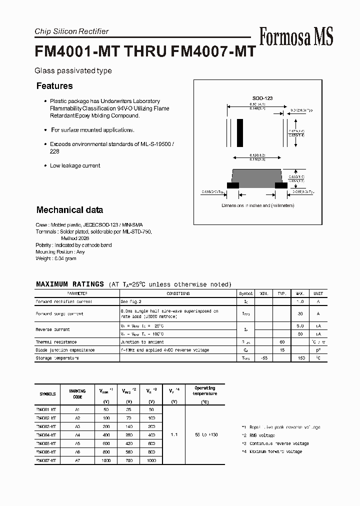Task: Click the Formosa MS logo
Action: (x=296, y=36)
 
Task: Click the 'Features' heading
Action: (x=54, y=86)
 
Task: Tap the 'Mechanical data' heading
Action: (x=69, y=210)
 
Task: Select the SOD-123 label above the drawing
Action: (x=262, y=98)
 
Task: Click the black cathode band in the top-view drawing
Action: (x=240, y=132)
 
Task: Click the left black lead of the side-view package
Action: (x=233, y=185)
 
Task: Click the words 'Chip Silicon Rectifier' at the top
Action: (x=71, y=31)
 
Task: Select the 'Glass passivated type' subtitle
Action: (x=73, y=71)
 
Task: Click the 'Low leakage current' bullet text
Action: (x=75, y=165)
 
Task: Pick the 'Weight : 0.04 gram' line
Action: (x=56, y=258)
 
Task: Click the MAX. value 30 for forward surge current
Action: (x=300, y=313)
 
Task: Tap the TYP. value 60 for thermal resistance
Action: (x=282, y=342)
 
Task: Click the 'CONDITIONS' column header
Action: (x=178, y=293)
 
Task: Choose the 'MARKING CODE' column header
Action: (x=77, y=394)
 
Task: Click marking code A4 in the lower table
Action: (x=77, y=435)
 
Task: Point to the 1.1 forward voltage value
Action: (x=174, y=435)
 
